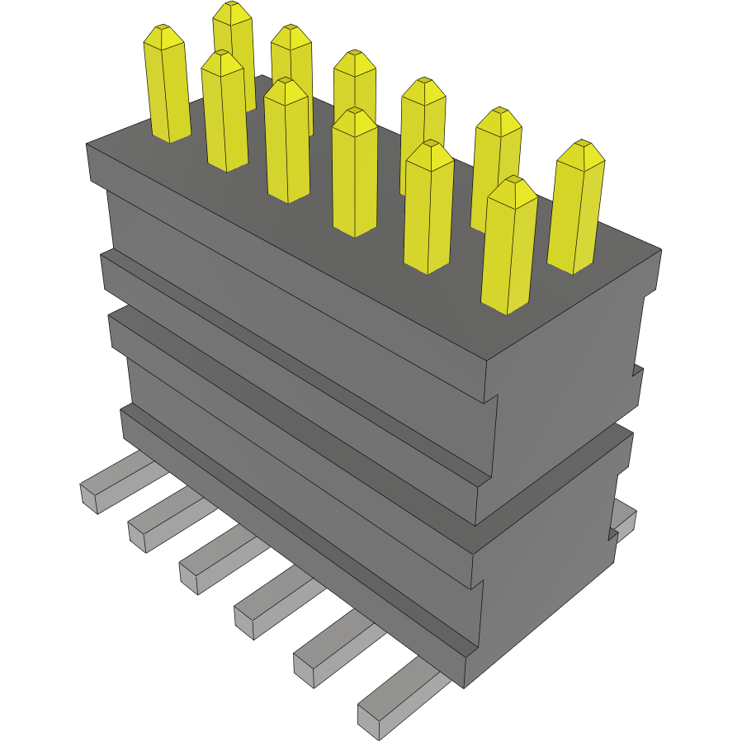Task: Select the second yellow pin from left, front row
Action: point(224,116)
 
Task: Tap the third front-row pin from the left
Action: point(287,144)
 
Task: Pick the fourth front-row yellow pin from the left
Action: point(355,177)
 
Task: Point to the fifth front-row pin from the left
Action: point(428,210)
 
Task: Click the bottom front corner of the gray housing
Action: point(465,685)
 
